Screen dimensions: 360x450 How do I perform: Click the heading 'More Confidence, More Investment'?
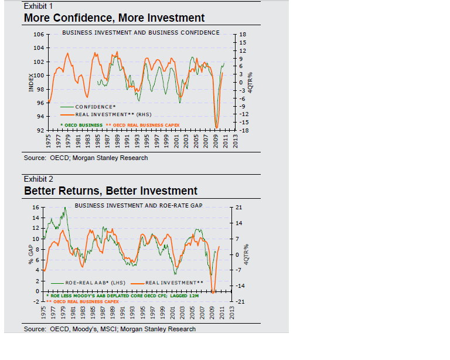(x=114, y=18)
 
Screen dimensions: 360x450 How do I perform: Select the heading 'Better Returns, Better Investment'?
(x=110, y=191)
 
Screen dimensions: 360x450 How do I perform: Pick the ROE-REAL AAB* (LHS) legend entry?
(x=94, y=283)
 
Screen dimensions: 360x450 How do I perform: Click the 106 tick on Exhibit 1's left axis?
(x=38, y=34)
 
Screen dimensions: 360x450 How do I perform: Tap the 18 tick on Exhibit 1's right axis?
(x=244, y=35)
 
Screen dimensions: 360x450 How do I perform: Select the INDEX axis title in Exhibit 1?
(x=31, y=81)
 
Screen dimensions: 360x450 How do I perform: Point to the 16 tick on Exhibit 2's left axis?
(x=36, y=208)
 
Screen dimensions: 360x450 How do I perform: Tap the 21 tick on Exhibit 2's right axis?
(x=238, y=208)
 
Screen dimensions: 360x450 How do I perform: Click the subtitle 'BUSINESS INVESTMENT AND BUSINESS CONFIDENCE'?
(x=141, y=32)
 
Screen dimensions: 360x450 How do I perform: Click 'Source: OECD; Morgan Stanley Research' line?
(x=86, y=158)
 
